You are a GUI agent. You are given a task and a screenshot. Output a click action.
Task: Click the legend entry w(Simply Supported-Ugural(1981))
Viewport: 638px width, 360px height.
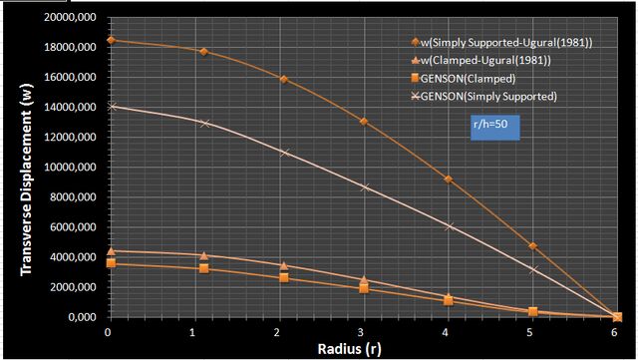tap(501, 42)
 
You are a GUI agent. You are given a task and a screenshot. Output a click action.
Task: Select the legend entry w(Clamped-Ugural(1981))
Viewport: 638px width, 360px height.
tap(480, 60)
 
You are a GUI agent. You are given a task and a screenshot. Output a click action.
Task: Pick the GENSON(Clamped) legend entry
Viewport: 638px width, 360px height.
tap(463, 78)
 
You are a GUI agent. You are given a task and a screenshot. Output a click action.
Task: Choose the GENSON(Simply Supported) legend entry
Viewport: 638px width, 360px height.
tap(483, 96)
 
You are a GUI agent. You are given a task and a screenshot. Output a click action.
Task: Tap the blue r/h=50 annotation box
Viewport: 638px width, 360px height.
tap(494, 128)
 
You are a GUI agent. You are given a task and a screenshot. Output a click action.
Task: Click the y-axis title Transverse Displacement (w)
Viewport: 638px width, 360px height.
tap(26, 180)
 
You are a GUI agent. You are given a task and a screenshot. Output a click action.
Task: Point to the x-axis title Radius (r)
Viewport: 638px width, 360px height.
tap(350, 349)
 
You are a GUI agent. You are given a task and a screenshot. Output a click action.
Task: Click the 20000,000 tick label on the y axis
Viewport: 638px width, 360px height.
tap(71, 17)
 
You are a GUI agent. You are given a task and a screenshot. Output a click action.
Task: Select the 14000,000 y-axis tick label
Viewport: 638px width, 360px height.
tap(71, 107)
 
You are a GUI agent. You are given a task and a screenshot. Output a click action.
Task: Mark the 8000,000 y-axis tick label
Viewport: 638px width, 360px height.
tap(73, 197)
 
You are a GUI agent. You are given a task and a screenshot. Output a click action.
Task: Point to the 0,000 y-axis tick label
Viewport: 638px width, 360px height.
tap(82, 317)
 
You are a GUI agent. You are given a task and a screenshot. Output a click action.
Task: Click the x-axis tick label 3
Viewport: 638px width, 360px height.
tap(361, 332)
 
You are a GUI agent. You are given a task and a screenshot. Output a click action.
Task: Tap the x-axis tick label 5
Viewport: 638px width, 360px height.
tap(529, 332)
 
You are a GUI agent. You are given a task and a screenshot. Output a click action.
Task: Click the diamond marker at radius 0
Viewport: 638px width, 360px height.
tap(111, 40)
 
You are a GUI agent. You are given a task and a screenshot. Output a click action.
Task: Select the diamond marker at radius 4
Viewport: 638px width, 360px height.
tap(449, 180)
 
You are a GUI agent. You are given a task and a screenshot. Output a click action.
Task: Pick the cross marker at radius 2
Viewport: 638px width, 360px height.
tap(285, 153)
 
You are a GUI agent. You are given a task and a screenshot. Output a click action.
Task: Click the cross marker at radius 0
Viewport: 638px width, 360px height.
tap(113, 107)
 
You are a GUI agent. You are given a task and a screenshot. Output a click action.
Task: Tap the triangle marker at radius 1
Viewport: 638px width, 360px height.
tap(203, 255)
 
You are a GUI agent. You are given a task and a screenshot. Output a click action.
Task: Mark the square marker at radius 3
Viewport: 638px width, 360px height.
tap(364, 289)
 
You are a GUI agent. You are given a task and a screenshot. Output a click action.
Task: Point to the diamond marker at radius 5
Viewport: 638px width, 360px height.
tap(532, 246)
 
